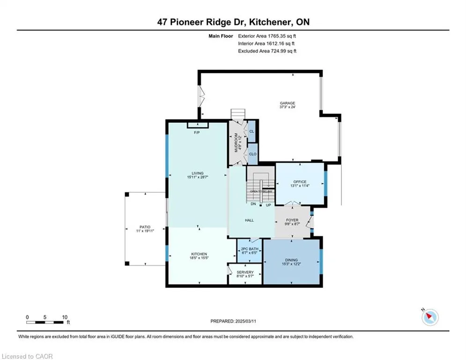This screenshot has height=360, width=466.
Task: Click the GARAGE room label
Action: click(x=288, y=103)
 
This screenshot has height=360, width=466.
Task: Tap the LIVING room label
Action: click(x=198, y=173)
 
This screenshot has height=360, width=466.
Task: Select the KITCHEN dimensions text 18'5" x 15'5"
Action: click(x=199, y=258)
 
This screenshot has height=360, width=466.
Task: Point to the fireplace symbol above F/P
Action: click(x=198, y=125)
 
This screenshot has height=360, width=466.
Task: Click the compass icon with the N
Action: click(x=430, y=317)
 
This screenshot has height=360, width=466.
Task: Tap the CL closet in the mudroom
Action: click(x=251, y=131)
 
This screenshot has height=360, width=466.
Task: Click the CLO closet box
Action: click(x=252, y=154)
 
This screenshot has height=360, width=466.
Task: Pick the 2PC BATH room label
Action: click(x=250, y=249)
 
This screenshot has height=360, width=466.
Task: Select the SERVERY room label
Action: click(x=245, y=272)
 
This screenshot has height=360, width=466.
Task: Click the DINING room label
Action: click(x=291, y=260)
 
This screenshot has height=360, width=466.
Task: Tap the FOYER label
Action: click(x=292, y=220)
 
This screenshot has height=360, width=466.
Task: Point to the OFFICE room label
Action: click(x=300, y=182)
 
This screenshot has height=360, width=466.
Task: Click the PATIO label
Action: click(x=145, y=227)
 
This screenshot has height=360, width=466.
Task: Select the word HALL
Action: click(x=249, y=220)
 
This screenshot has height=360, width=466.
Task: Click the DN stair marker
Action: click(x=253, y=204)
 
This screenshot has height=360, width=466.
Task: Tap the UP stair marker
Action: click(x=268, y=205)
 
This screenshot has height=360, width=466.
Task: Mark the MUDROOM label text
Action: click(x=236, y=143)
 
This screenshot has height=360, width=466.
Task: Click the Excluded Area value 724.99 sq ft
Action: click(x=283, y=51)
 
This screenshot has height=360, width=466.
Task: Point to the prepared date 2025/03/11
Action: click(x=245, y=321)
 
